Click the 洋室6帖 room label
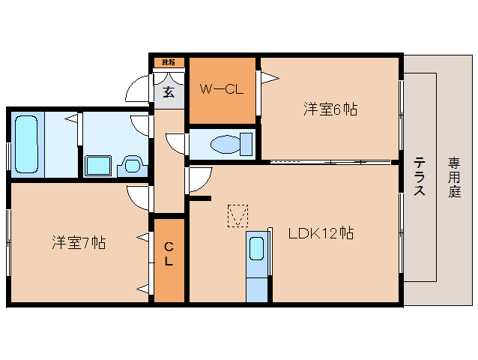(x=330, y=109)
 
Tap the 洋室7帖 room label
(x=78, y=242)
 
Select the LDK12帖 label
(x=321, y=233)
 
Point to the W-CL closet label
(x=220, y=89)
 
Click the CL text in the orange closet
(x=169, y=254)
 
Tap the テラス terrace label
(x=420, y=175)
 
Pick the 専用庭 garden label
(x=454, y=175)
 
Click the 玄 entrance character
(x=169, y=92)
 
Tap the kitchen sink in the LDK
(x=256, y=248)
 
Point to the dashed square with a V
(x=238, y=216)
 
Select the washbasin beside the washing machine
(x=132, y=163)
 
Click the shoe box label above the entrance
(x=169, y=62)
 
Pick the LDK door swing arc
(x=199, y=178)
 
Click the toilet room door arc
(x=175, y=142)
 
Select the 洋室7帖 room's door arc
(x=139, y=196)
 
